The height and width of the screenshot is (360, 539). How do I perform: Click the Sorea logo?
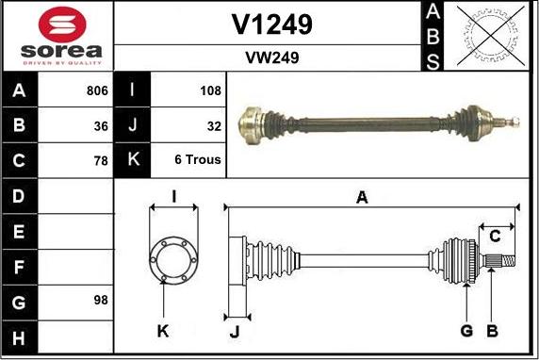click(x=59, y=35)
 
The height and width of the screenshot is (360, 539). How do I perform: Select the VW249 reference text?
click(x=271, y=57)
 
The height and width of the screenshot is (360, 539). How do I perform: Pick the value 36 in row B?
click(x=100, y=125)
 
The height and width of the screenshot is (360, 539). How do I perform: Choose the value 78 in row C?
click(x=100, y=159)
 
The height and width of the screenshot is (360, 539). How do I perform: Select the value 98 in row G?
click(x=100, y=301)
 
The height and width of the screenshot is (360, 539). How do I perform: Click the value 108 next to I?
click(x=210, y=91)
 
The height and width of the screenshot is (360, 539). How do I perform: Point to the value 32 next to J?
click(x=213, y=125)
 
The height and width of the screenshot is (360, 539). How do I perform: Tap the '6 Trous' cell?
click(x=198, y=159)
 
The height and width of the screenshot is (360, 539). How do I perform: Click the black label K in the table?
click(x=132, y=159)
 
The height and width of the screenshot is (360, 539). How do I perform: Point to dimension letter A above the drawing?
click(x=361, y=197)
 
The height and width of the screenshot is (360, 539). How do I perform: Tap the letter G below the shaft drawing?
click(x=466, y=330)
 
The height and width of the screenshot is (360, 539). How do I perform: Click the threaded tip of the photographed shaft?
click(x=514, y=121)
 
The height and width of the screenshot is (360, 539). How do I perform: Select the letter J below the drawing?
click(x=235, y=331)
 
